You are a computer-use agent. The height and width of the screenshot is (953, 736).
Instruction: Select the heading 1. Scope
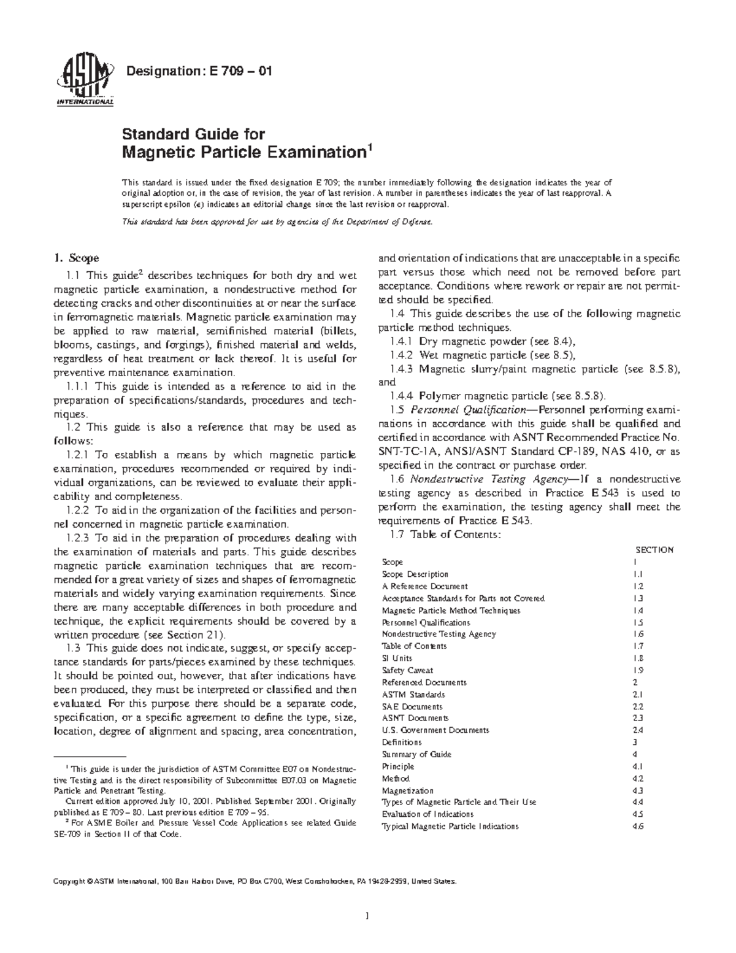click(77, 258)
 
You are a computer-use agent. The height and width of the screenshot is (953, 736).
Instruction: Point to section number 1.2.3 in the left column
click(78, 538)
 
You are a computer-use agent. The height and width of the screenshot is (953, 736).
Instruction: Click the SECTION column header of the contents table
click(654, 550)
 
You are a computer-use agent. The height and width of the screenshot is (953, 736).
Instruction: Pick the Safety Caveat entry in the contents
click(407, 670)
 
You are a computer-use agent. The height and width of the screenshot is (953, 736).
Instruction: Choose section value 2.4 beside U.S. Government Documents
click(637, 730)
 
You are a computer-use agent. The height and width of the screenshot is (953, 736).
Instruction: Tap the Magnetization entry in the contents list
click(407, 790)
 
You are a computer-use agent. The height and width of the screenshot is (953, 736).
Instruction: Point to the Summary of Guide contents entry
click(416, 754)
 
